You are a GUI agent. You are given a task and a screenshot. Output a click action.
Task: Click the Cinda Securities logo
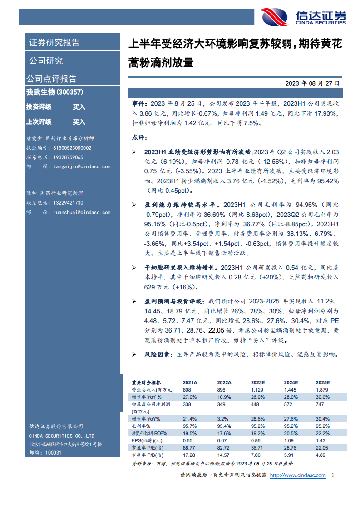click(x=303, y=17)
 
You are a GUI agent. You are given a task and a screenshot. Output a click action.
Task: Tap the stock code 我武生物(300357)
click(x=54, y=92)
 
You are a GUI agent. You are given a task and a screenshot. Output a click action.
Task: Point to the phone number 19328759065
click(x=68, y=157)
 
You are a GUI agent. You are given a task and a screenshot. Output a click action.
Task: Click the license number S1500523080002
click(x=72, y=148)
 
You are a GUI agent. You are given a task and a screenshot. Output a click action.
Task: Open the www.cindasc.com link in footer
click(x=298, y=475)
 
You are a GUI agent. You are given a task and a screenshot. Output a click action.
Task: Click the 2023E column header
click(x=258, y=382)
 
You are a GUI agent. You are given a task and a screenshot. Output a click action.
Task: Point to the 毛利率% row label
click(x=141, y=426)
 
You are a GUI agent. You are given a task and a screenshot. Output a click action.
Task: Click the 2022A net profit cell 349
click(x=222, y=404)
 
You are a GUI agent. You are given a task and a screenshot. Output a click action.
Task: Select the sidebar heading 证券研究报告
click(x=54, y=43)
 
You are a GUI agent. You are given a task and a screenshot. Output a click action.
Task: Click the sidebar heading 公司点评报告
click(x=51, y=78)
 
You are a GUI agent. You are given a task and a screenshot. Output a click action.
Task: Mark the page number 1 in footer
click(x=333, y=475)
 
